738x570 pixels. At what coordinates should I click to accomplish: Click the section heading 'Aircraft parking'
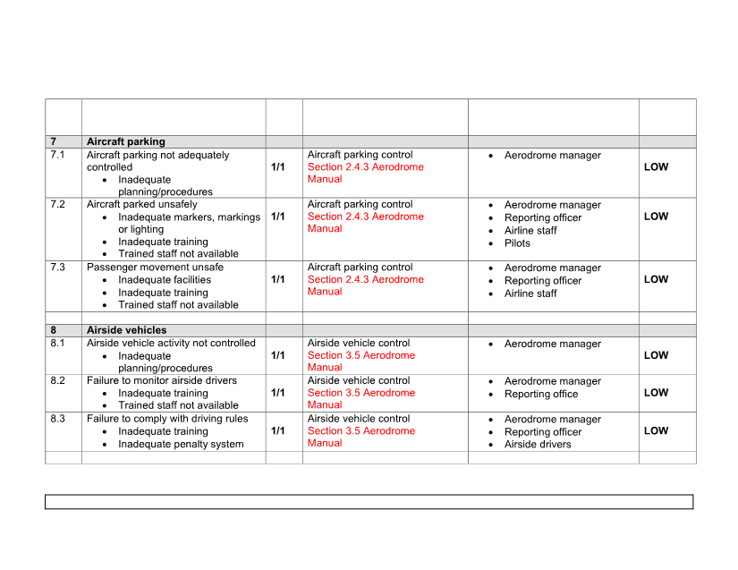(125, 141)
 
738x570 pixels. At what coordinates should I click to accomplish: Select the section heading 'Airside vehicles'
(126, 330)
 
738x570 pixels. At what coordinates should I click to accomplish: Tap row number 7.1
(58, 155)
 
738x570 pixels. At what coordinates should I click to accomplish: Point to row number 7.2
(58, 205)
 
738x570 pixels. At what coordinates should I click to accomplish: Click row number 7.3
(58, 268)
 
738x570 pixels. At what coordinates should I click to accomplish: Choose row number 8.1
(58, 343)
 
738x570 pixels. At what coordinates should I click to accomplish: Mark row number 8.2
(58, 380)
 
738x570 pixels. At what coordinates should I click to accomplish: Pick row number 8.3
(58, 419)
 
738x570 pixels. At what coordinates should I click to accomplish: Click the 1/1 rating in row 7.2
(278, 217)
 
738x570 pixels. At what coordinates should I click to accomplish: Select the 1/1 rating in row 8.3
(278, 431)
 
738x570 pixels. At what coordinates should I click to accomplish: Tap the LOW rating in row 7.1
(656, 167)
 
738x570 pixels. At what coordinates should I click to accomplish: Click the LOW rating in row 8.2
(656, 393)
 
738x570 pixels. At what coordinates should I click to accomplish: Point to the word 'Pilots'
(517, 243)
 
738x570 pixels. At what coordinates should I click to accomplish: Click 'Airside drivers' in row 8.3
(538, 445)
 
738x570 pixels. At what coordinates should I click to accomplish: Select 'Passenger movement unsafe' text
(155, 268)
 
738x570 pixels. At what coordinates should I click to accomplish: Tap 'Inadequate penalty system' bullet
(181, 445)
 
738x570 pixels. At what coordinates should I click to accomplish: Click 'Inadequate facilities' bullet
(165, 280)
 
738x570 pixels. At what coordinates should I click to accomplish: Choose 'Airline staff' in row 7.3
(530, 294)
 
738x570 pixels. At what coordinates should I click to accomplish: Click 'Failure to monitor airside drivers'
(162, 380)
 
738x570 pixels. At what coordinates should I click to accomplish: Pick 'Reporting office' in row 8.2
(541, 395)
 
